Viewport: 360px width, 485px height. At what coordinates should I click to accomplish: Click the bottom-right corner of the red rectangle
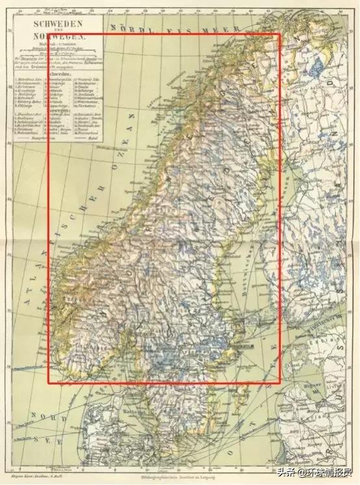point(280,384)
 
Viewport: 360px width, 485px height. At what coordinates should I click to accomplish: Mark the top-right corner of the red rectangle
point(280,34)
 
